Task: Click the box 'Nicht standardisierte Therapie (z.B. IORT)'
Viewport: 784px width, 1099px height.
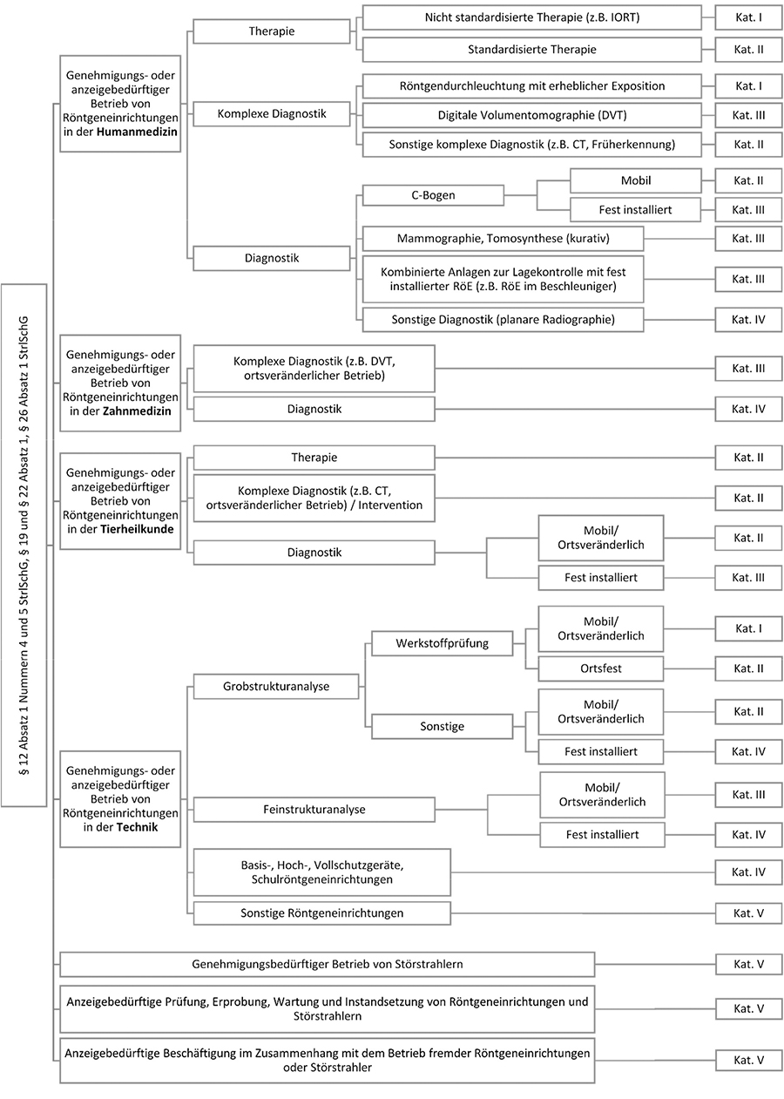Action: pyautogui.click(x=531, y=17)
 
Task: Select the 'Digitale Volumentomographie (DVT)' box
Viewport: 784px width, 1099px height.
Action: pyautogui.click(x=531, y=115)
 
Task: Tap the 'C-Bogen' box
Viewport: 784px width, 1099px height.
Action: pyautogui.click(x=433, y=195)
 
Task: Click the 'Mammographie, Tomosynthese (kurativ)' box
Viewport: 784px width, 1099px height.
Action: pyautogui.click(x=503, y=239)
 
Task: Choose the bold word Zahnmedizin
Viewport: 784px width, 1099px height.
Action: pyautogui.click(x=136, y=410)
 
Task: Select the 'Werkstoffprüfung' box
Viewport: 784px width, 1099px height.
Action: pyautogui.click(x=442, y=644)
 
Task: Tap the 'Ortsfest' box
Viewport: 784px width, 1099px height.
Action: pyautogui.click(x=600, y=668)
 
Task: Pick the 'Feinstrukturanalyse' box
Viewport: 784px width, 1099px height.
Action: pyautogui.click(x=314, y=810)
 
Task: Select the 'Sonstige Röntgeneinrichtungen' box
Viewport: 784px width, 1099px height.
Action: pyautogui.click(x=321, y=913)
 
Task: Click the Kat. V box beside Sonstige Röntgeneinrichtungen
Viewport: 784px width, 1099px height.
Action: pyautogui.click(x=748, y=913)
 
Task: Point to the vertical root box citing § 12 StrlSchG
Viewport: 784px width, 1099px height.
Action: pyautogui.click(x=24, y=545)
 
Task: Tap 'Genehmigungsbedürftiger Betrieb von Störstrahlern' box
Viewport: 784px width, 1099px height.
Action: pyautogui.click(x=327, y=964)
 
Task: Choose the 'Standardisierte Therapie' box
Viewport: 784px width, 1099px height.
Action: pyautogui.click(x=531, y=50)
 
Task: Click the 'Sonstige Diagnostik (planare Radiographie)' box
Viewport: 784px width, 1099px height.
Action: pyautogui.click(x=503, y=320)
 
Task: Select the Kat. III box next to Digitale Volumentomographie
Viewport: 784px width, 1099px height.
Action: pyautogui.click(x=748, y=115)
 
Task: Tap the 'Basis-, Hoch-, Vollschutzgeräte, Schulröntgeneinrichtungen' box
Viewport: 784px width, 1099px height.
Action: pyautogui.click(x=321, y=872)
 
